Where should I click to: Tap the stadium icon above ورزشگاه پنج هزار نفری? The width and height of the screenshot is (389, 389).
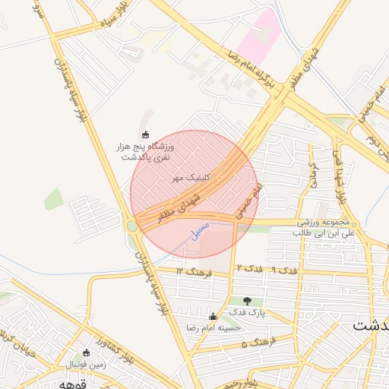146,134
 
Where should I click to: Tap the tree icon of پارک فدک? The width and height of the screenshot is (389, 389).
246,301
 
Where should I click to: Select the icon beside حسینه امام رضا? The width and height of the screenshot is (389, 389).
212,317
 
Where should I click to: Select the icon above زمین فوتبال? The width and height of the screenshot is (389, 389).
85,353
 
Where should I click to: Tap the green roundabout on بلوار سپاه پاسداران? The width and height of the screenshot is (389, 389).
132,226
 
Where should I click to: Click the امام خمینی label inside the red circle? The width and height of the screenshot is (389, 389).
248,201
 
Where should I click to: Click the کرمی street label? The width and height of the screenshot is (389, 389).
311,175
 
